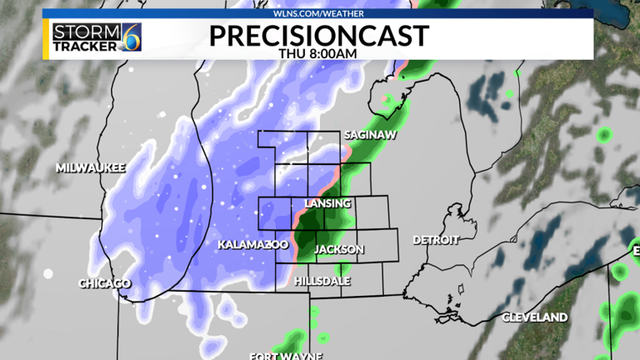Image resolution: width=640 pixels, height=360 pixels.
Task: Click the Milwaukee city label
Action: [90, 167]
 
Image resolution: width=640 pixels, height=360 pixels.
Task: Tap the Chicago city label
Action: [104, 283]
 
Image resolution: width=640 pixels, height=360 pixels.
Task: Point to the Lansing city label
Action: [327, 204]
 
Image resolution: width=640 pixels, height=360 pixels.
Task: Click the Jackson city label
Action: [339, 250]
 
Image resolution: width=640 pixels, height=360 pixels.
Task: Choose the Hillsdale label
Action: [322, 282]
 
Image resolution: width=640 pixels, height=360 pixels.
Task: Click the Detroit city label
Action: [436, 240]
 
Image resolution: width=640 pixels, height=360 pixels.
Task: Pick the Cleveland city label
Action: [534, 317]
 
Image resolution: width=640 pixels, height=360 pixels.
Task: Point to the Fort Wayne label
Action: [286, 356]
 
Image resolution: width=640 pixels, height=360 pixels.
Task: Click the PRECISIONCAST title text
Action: [319, 35]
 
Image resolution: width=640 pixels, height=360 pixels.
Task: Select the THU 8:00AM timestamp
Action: [319, 52]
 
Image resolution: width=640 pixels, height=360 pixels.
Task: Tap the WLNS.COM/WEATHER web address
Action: [319, 13]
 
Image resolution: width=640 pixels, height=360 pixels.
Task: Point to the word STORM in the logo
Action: [77, 32]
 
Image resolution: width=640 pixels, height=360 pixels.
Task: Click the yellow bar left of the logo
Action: [46, 39]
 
